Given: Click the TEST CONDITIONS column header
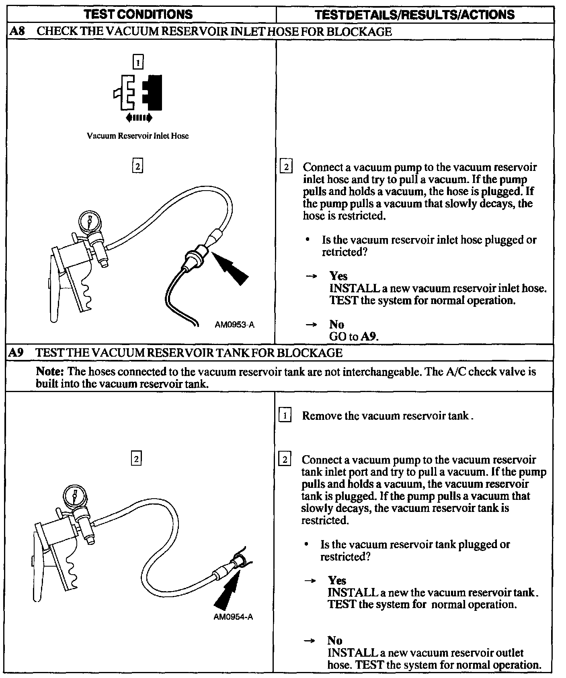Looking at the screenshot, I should coord(138,14).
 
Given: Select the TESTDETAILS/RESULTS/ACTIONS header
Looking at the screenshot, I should coord(414,15).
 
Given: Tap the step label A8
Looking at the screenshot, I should coord(17,31).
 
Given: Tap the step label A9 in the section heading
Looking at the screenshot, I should coord(16,353).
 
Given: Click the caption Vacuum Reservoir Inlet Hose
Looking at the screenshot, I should coord(137,136).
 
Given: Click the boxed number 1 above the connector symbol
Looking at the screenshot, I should coord(138,62).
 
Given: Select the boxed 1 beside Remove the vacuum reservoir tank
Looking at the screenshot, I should coord(285,415).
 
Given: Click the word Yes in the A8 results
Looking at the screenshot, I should coord(338,276).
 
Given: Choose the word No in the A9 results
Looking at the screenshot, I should coord(335,641).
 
